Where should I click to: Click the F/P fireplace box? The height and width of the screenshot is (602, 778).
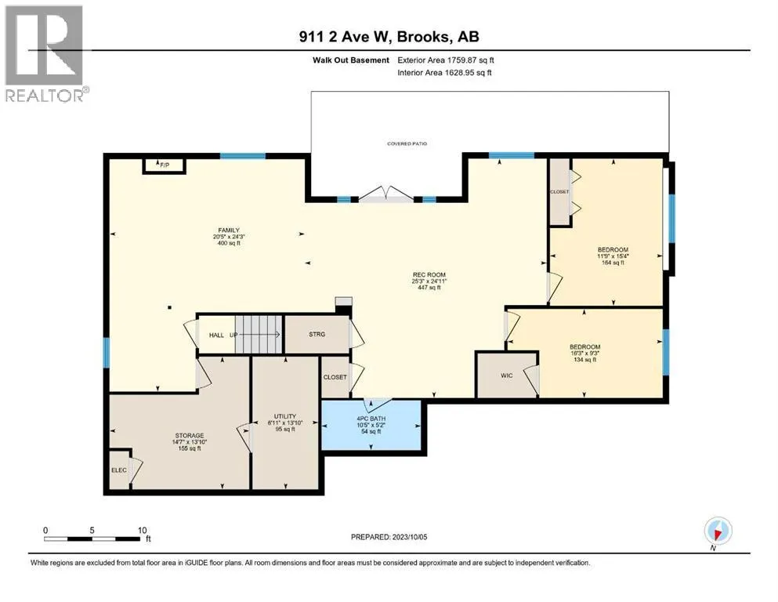click(165, 165)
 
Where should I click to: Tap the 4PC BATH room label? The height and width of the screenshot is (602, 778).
click(371, 419)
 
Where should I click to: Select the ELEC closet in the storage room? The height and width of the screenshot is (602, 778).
click(120, 470)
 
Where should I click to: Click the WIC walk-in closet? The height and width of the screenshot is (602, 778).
click(507, 375)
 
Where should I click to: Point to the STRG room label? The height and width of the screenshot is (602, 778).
click(317, 334)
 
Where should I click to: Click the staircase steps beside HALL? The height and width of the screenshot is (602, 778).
click(258, 335)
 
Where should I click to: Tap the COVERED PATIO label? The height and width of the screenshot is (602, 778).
click(407, 144)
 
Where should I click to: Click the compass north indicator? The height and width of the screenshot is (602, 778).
click(718, 531)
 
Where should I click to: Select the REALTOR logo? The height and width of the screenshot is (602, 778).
click(46, 53)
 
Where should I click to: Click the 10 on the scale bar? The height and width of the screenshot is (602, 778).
click(143, 530)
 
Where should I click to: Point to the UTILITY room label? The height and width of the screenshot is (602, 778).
click(285, 416)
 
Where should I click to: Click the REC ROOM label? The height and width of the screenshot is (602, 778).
click(429, 274)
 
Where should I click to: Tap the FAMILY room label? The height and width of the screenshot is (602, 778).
click(229, 230)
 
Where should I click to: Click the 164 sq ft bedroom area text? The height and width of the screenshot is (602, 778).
click(613, 263)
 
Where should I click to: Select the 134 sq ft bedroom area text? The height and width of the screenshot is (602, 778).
click(585, 359)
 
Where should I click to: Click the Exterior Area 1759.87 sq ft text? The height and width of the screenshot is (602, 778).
click(446, 60)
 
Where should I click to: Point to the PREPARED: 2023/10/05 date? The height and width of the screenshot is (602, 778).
click(389, 537)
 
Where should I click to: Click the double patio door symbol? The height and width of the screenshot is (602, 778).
click(386, 194)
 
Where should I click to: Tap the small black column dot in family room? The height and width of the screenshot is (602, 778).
click(169, 307)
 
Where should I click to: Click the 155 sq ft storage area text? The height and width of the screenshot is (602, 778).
click(190, 448)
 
